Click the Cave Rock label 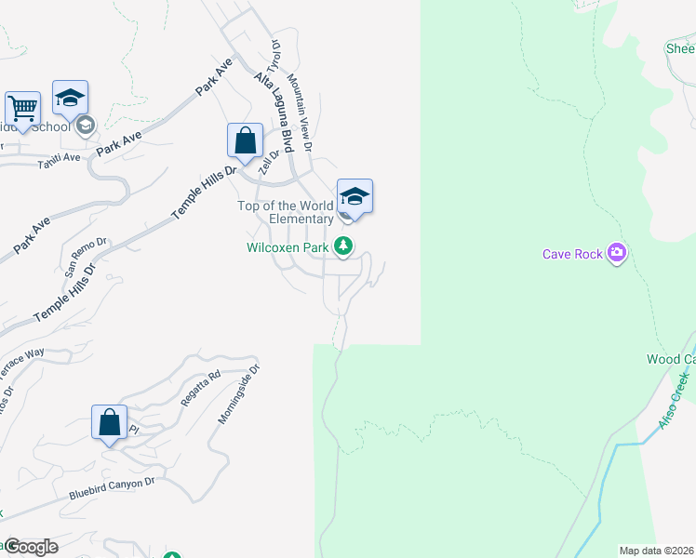[572, 254]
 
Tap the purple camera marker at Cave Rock [616, 253]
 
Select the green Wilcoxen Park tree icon [344, 246]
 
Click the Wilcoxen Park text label [289, 248]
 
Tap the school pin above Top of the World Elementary [355, 197]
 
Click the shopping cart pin [22, 109]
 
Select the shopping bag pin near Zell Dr [245, 142]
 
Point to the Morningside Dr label [238, 393]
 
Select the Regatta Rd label [199, 388]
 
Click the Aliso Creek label [672, 400]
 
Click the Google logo [31, 547]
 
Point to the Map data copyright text [656, 551]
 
